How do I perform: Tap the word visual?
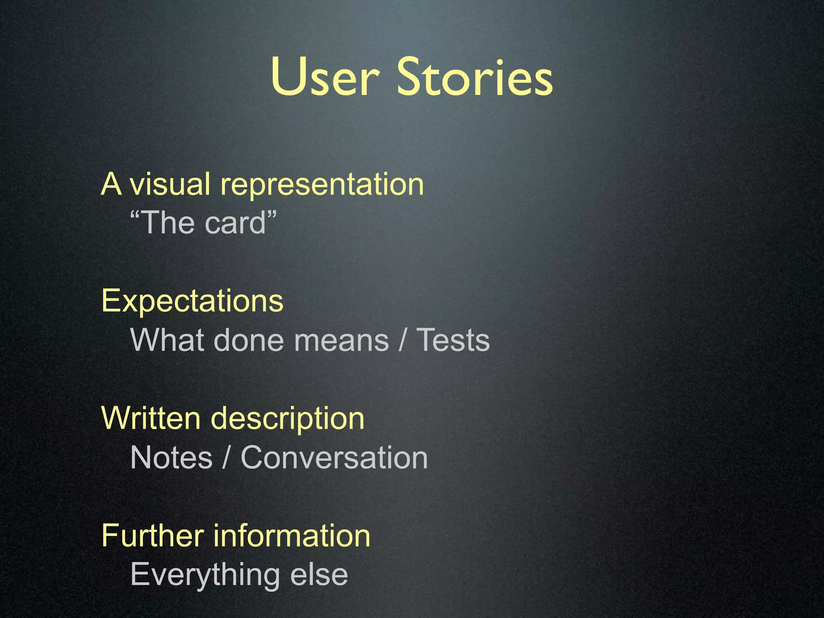(x=170, y=184)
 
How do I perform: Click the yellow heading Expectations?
(x=192, y=301)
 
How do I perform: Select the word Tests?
(x=453, y=340)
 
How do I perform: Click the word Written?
(x=151, y=418)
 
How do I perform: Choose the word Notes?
(x=171, y=457)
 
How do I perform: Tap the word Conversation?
(x=334, y=457)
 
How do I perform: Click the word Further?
(x=152, y=536)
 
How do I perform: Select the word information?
(x=292, y=536)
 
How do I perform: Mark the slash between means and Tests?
(x=402, y=340)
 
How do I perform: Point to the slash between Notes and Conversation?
(x=227, y=457)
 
